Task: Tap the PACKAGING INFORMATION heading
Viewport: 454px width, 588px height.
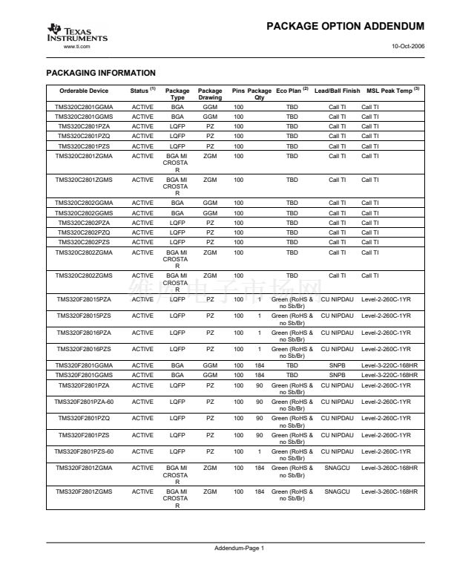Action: click(x=101, y=73)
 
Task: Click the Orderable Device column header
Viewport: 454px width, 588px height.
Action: click(x=84, y=91)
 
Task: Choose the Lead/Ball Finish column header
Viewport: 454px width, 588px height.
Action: click(x=337, y=91)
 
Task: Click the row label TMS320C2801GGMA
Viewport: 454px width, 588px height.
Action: click(x=84, y=107)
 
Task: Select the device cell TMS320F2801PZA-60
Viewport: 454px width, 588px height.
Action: click(x=84, y=402)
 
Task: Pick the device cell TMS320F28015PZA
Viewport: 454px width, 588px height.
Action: click(x=84, y=299)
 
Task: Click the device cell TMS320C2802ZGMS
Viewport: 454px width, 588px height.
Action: click(x=84, y=275)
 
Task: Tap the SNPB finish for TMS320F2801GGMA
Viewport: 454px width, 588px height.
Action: click(x=338, y=365)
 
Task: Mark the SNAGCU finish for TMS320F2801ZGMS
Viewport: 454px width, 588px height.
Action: click(x=338, y=491)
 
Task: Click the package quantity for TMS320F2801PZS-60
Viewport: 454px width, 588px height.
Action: click(x=260, y=451)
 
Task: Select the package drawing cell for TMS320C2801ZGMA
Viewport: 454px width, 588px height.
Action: click(x=210, y=156)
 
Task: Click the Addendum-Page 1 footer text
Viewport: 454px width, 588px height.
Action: click(x=239, y=548)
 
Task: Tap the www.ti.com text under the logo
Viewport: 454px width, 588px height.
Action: click(x=77, y=47)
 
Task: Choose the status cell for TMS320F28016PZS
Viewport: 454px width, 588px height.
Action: click(x=142, y=348)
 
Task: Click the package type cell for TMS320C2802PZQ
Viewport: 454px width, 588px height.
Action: click(x=177, y=232)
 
